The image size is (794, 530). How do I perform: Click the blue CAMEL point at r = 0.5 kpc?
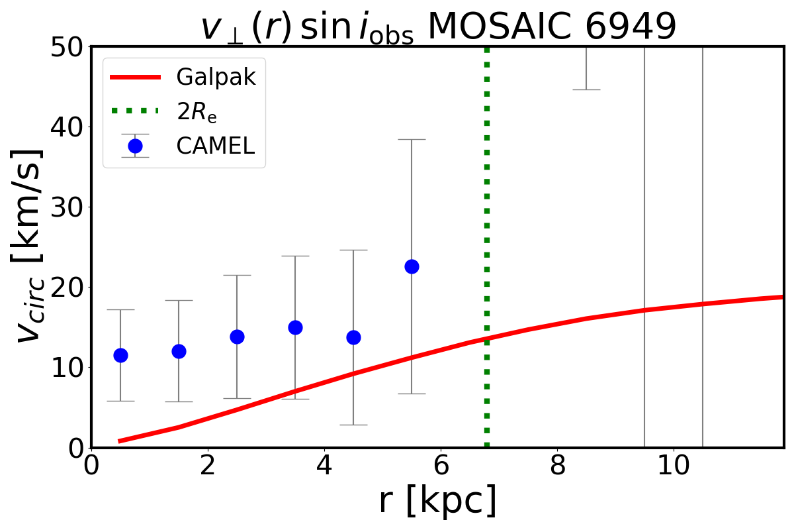pos(120,355)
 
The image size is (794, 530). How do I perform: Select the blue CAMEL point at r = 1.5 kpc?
pos(179,351)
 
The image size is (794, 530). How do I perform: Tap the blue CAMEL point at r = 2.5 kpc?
pos(237,337)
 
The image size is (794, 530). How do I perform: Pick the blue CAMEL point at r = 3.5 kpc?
pos(295,327)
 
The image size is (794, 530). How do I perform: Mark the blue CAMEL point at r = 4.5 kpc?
pos(353,337)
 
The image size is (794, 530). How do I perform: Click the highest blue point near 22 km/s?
pos(412,266)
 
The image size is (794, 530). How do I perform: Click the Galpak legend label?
pos(216,78)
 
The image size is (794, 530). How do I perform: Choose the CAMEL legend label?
pos(215,146)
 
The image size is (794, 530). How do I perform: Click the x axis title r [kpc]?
pos(437,502)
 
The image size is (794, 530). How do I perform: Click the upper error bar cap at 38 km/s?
pos(412,140)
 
